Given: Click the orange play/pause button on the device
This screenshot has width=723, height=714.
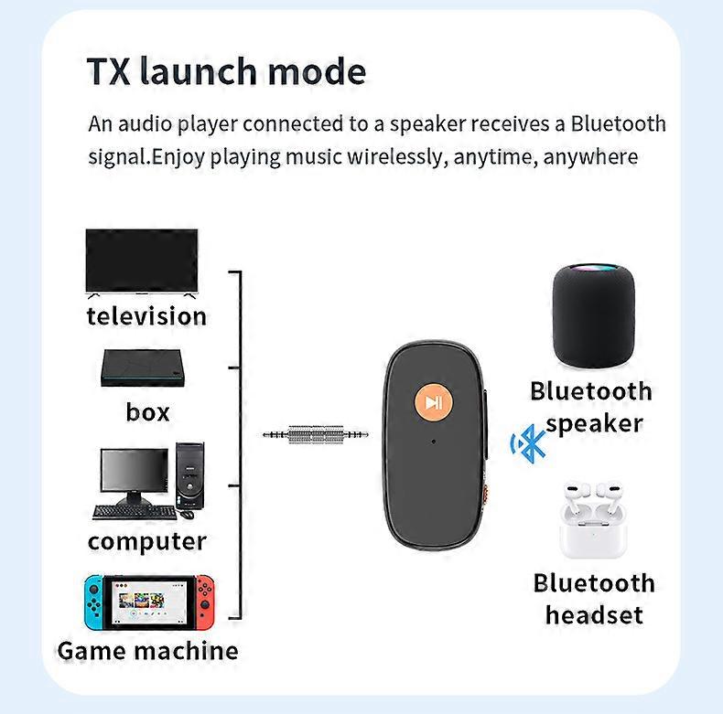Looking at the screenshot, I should point(434,402).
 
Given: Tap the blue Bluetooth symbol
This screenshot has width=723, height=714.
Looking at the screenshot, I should point(528,444).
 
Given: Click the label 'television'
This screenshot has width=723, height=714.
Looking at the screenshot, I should point(146,316).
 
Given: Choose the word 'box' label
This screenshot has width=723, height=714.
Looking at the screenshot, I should point(147,412).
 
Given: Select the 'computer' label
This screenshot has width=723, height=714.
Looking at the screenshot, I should point(147,541).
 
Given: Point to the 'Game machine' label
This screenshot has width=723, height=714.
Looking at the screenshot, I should point(147,651).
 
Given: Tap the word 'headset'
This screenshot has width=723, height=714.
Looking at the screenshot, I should point(594,615).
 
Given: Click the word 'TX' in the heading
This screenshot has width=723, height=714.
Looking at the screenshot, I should point(109,71).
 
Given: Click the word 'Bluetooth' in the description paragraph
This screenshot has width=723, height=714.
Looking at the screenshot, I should point(618,123).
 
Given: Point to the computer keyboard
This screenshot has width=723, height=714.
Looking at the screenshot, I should point(134,512).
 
